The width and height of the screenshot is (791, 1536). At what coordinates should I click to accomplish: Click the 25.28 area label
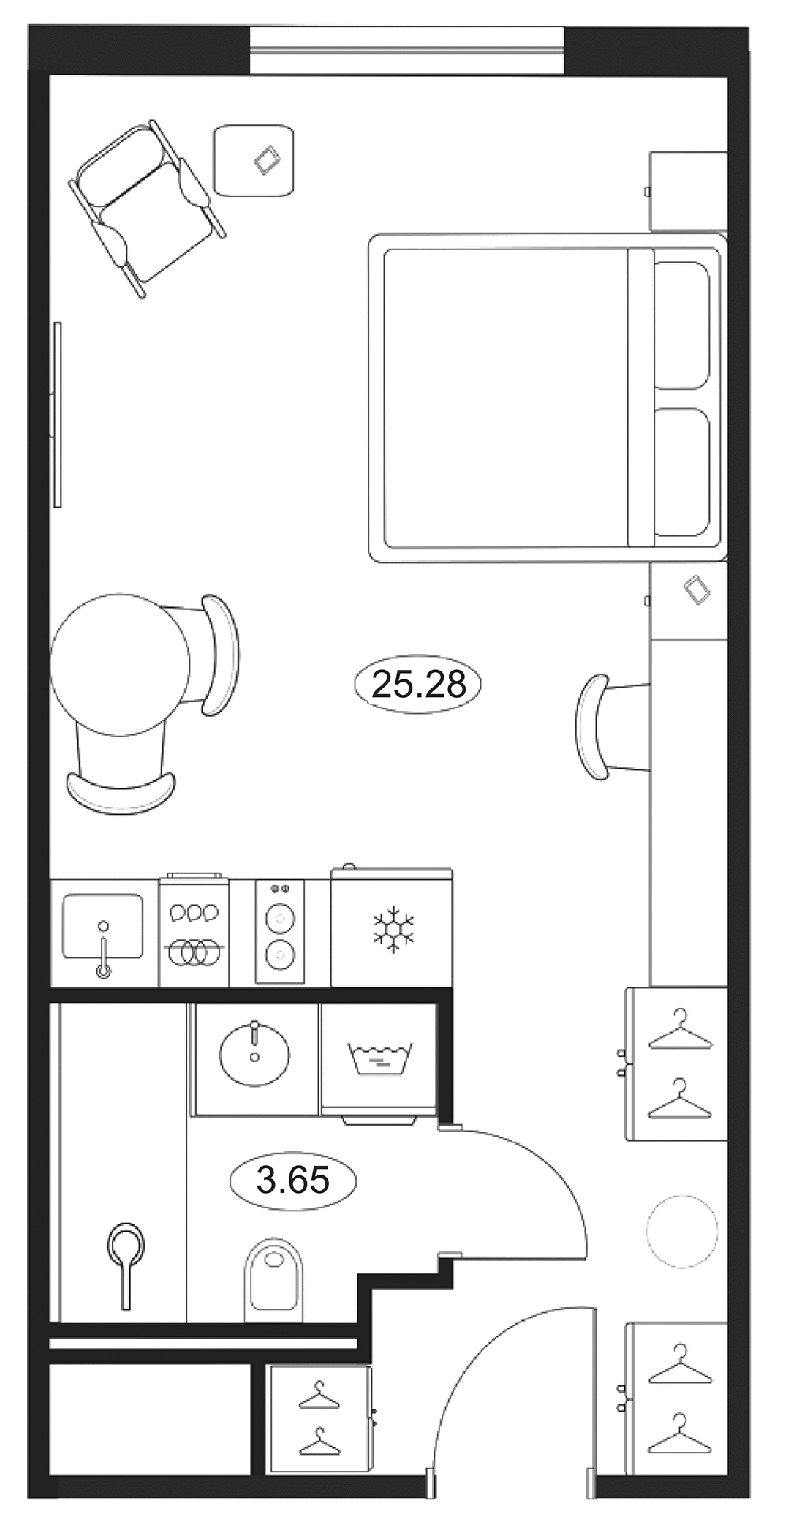coord(418,685)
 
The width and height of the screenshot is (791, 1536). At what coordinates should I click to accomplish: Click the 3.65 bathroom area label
coord(292,1179)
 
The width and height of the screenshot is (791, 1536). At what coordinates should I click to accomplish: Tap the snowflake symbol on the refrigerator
coord(393,930)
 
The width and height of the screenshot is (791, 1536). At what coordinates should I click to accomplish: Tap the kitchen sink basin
coord(102,925)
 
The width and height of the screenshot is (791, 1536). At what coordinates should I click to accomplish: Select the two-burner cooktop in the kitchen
coord(279,933)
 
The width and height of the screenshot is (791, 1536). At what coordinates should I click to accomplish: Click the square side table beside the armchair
coord(254,160)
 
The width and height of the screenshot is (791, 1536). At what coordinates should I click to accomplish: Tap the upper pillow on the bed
coord(681,325)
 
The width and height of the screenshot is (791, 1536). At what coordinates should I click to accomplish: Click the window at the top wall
coord(406,50)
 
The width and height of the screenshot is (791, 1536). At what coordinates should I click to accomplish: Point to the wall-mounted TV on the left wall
coord(57,414)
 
